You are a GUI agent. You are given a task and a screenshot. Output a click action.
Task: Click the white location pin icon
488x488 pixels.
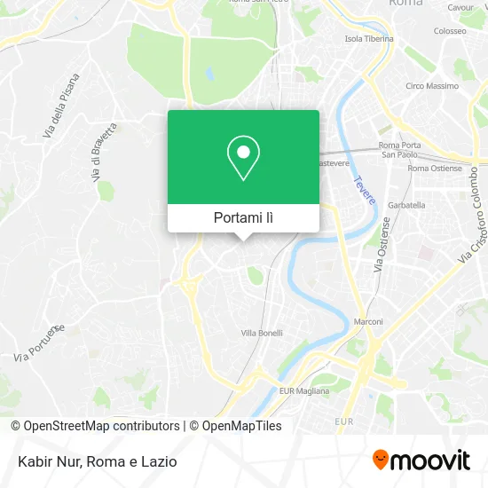tap(243, 158)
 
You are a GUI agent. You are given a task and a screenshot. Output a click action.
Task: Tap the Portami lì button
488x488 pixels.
tap(243, 218)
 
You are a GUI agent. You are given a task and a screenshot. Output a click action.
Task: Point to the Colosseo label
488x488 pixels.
tap(450, 30)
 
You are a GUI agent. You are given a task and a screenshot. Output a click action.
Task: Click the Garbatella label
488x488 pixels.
tap(405, 205)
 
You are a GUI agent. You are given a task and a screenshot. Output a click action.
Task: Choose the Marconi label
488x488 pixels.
tap(369, 322)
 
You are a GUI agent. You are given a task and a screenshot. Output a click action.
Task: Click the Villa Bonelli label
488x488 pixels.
tap(262, 333)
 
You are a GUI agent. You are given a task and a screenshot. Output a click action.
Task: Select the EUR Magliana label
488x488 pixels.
tap(304, 390)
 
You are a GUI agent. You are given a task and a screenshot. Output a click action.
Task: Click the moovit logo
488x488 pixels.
tap(421, 460)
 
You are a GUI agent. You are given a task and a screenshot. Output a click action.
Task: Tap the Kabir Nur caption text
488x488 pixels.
tap(94, 461)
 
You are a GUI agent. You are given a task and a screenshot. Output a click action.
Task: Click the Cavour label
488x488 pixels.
tap(460, 7)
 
